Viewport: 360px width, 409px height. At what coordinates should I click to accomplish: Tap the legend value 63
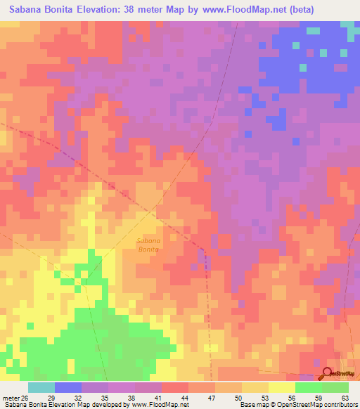coord(346,398)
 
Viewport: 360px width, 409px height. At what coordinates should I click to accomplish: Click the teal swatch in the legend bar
coord(41,387)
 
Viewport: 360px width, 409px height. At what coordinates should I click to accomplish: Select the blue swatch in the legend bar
coord(68,387)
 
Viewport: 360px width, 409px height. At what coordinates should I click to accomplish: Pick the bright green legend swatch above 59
coord(309,387)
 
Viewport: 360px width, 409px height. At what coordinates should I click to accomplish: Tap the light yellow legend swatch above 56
coord(282,387)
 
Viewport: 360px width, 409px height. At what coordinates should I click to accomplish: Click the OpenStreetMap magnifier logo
coord(327,373)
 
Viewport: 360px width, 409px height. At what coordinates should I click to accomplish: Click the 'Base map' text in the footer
coord(256,405)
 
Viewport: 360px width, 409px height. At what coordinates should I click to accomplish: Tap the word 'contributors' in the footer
coord(337,405)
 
